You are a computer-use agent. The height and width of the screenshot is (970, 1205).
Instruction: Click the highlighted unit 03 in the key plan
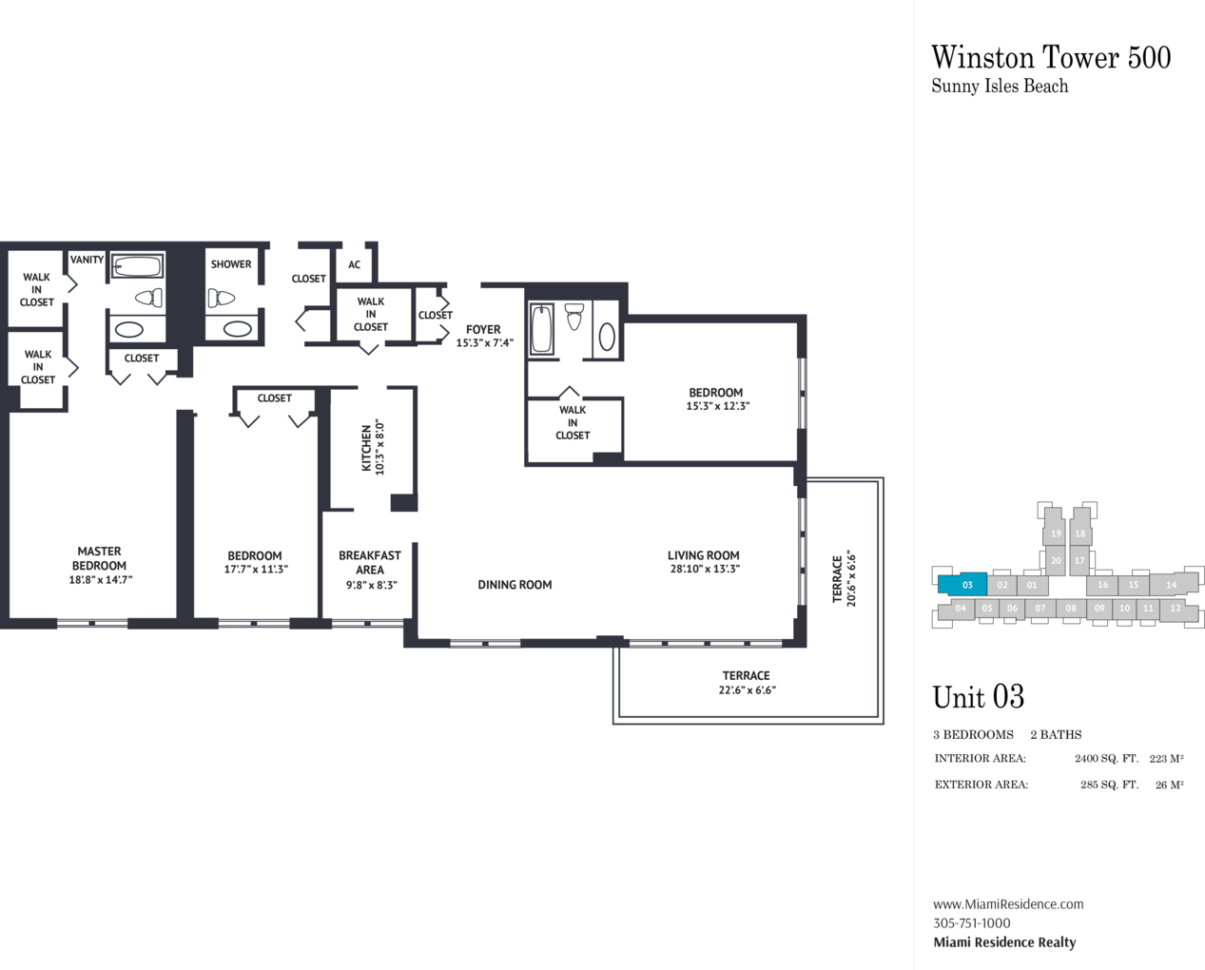click(962, 585)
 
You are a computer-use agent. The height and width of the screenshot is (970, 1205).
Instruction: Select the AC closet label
click(355, 264)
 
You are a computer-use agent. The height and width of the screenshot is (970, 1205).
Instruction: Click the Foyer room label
click(483, 330)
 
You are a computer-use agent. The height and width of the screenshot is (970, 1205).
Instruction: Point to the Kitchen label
click(366, 448)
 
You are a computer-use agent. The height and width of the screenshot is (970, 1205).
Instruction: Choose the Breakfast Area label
click(370, 563)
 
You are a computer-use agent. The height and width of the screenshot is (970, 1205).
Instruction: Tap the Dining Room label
click(515, 585)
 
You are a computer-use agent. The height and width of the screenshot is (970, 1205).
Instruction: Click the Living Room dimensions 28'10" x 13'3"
click(705, 569)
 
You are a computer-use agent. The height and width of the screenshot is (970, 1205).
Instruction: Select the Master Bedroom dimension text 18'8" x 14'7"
click(101, 580)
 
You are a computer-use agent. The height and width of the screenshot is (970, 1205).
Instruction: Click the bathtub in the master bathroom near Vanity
click(137, 265)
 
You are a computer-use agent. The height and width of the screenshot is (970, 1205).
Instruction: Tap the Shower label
click(231, 264)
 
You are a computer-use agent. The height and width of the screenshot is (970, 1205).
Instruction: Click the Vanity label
click(87, 260)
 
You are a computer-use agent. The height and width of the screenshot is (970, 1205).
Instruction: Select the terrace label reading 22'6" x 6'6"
click(747, 690)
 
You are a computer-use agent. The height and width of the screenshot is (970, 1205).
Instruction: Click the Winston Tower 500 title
click(1051, 58)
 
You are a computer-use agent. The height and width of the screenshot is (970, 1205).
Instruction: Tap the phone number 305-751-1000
click(971, 923)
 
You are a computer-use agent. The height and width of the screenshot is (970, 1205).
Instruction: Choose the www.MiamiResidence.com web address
click(1008, 904)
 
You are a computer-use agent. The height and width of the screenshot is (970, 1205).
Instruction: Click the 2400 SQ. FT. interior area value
click(1106, 759)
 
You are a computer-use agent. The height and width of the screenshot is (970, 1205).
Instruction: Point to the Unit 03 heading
click(979, 697)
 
